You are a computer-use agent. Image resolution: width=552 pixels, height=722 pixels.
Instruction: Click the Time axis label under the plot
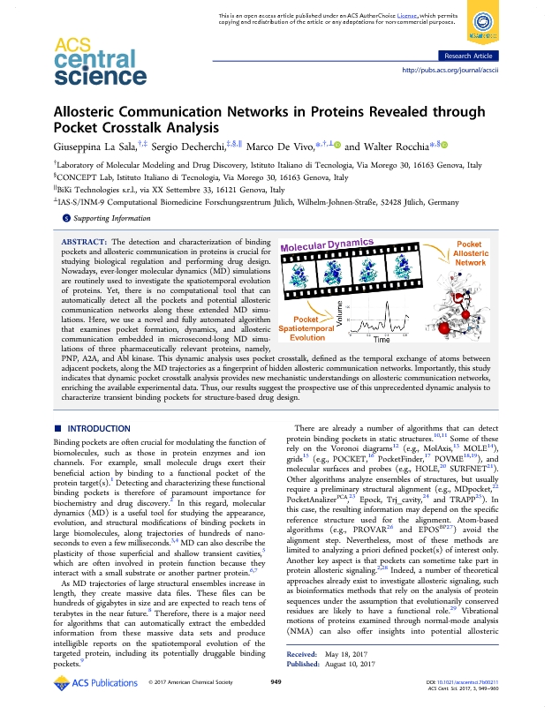click(x=381, y=339)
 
